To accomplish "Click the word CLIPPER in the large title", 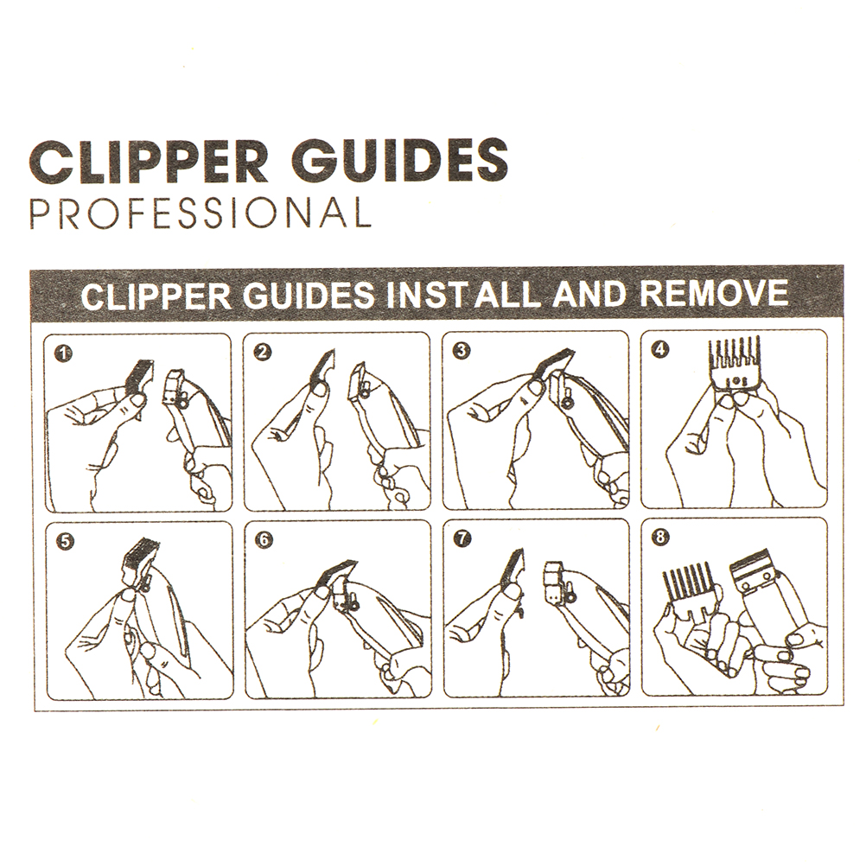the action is pyautogui.click(x=148, y=160).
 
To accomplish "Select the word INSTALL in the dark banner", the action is pyautogui.click(x=462, y=295).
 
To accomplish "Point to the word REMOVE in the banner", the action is pyautogui.click(x=714, y=293).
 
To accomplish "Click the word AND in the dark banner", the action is pyautogui.click(x=589, y=294).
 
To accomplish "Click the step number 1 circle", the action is pyautogui.click(x=64, y=353).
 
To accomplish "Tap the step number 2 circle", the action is pyautogui.click(x=264, y=351).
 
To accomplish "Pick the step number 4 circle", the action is pyautogui.click(x=660, y=349).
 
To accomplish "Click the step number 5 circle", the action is pyautogui.click(x=65, y=541).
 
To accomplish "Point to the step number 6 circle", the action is pyautogui.click(x=264, y=539).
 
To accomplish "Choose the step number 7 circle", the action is pyautogui.click(x=463, y=538).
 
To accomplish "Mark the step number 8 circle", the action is pyautogui.click(x=660, y=537).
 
